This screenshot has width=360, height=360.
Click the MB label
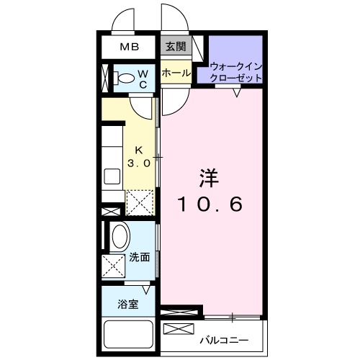click(x=130, y=48)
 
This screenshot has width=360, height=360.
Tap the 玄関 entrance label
click(x=174, y=48)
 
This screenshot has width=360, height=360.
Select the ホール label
click(x=175, y=73)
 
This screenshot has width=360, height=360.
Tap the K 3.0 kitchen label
click(x=139, y=157)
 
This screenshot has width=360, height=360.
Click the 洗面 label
click(x=140, y=258)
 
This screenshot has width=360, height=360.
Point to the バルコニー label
click(x=224, y=338)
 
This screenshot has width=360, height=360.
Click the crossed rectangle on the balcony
click(x=178, y=329)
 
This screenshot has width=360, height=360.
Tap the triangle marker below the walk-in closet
click(x=236, y=91)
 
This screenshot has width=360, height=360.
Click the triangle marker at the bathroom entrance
click(x=147, y=289)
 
